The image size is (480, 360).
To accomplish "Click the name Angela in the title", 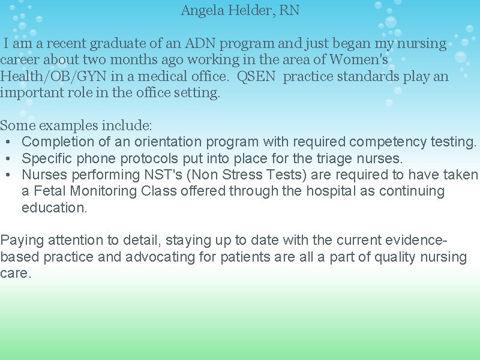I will pos(202,11).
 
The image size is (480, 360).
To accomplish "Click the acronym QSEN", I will pos(257,77).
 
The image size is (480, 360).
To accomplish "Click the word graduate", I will pos(116,44).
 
